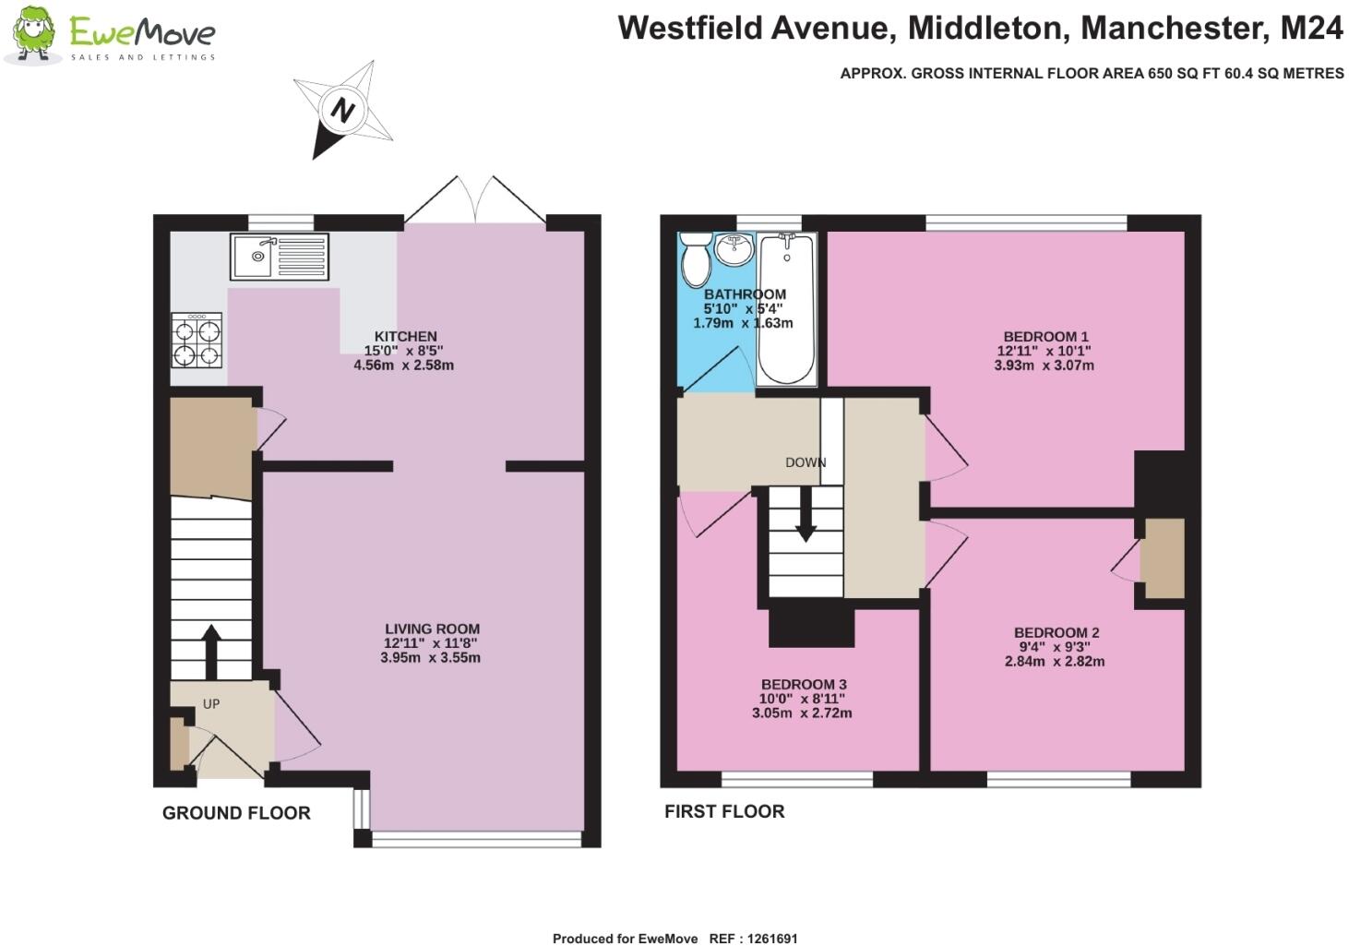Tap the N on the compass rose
coord(343,111)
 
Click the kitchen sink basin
coord(252,256)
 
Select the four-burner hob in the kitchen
coord(197,341)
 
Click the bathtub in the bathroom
coord(786,309)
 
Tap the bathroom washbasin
coord(736,248)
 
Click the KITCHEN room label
coord(405,337)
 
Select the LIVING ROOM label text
coord(432,629)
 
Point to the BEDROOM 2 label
coord(1056,633)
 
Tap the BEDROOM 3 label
coord(803,685)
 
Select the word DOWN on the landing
coord(806,462)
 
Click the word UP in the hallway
coord(211,704)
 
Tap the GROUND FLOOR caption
coord(236,813)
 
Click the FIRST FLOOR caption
coord(724,811)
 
